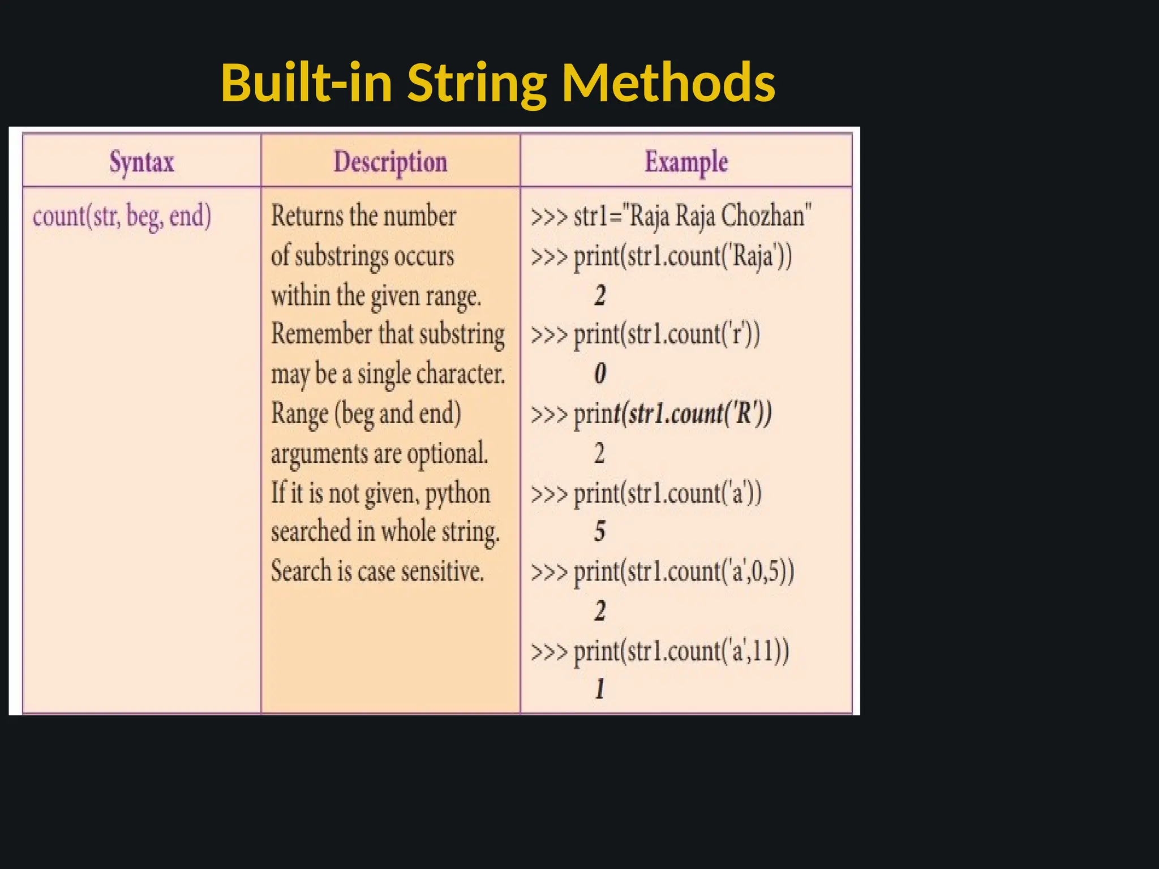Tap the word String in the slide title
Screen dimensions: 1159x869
477,84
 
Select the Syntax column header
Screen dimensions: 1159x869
141,162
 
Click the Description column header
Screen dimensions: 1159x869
390,162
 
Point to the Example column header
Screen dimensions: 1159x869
686,162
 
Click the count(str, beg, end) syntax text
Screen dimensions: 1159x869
122,216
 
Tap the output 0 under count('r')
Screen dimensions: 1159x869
600,373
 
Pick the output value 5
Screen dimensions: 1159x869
600,531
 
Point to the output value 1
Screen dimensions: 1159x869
600,689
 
